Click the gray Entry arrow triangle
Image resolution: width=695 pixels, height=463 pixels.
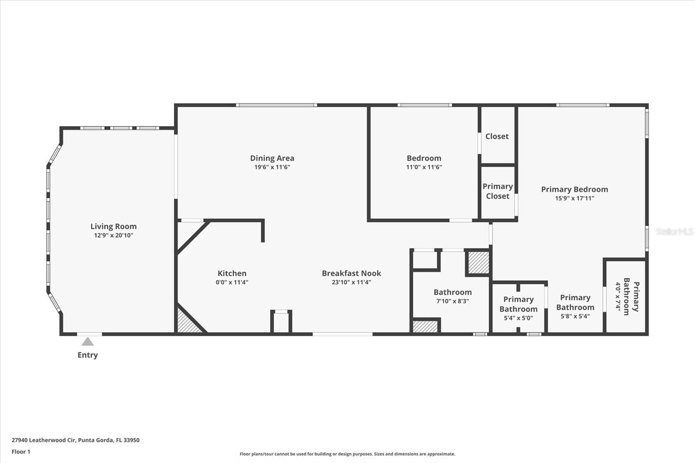pyautogui.click(x=87, y=342)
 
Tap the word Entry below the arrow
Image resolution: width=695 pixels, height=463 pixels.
pyautogui.click(x=87, y=355)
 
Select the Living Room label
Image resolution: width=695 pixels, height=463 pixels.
pyautogui.click(x=113, y=227)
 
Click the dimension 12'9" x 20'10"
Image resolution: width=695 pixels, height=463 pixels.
pyautogui.click(x=113, y=235)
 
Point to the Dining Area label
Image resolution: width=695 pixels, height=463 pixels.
pyautogui.click(x=272, y=158)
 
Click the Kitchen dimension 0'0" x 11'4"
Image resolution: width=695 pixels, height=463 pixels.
pyautogui.click(x=232, y=282)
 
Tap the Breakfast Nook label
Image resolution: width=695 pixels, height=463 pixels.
pyautogui.click(x=351, y=273)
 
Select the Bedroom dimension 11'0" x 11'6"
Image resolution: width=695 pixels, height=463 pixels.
pyautogui.click(x=424, y=167)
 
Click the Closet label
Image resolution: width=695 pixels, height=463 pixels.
pyautogui.click(x=497, y=136)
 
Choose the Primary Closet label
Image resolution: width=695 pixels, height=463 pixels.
pyautogui.click(x=498, y=191)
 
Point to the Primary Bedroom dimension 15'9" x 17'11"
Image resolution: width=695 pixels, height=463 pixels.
pyautogui.click(x=575, y=198)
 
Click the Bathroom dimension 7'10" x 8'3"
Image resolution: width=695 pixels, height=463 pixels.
pyautogui.click(x=453, y=301)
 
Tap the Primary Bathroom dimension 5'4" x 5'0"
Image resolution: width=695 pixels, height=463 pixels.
pyautogui.click(x=519, y=318)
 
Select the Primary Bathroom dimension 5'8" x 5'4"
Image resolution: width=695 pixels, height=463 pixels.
pyautogui.click(x=575, y=316)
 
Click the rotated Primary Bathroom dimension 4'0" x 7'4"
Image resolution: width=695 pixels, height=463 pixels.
pyautogui.click(x=618, y=296)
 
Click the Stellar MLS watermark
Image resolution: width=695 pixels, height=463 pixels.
pyautogui.click(x=674, y=231)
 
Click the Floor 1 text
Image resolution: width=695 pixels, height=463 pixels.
pyautogui.click(x=21, y=452)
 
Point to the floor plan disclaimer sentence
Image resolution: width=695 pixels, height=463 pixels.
pyautogui.click(x=347, y=454)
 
